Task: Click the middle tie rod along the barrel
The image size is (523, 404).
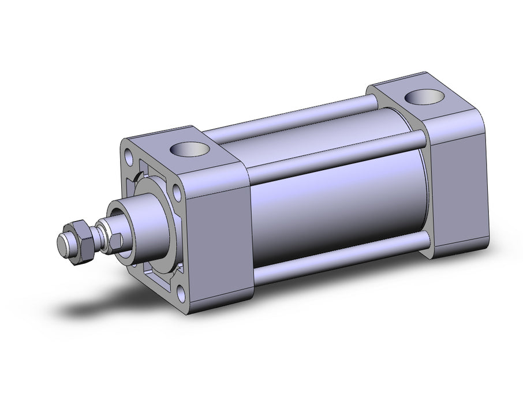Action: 335,155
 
